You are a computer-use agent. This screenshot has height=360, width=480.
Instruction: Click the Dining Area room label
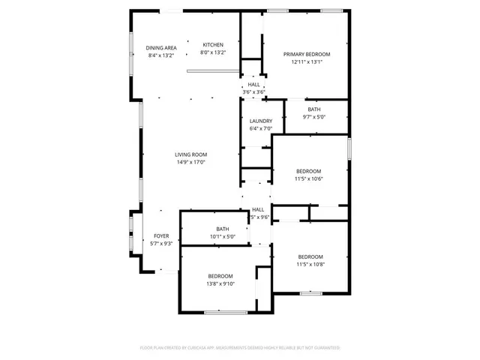coord(161,47)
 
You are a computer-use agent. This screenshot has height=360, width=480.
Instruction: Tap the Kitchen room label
coord(212,46)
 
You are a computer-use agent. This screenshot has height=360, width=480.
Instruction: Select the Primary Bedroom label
coord(306,55)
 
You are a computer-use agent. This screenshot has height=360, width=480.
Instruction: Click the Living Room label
coord(190,154)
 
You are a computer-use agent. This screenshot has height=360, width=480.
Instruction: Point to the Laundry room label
coord(261,121)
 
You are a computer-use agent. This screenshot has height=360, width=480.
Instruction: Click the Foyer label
coord(162,235)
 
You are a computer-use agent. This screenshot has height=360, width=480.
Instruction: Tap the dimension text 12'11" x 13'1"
coord(306,62)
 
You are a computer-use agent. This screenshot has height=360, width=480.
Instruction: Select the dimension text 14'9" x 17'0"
coord(190,162)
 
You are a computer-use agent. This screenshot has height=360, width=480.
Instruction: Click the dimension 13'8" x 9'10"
coord(220,283)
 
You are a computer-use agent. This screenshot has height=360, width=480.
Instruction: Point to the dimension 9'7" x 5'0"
coord(313,117)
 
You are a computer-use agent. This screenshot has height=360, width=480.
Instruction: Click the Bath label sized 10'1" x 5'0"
coord(223,229)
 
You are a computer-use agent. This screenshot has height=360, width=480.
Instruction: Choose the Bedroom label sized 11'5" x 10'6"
coord(308,171)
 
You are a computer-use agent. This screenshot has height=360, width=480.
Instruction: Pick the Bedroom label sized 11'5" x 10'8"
coord(310,256)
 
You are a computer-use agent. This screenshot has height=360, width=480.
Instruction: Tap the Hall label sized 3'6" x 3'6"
coord(254,85)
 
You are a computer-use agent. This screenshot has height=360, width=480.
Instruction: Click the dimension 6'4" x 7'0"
coord(261,128)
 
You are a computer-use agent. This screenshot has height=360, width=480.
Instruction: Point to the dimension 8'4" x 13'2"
coord(161,55)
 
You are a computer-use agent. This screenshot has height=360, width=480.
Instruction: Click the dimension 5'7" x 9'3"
coord(162,244)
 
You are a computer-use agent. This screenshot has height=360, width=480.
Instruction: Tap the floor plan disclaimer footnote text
coord(240,348)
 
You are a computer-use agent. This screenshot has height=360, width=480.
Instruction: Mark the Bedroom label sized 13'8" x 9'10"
coord(220,276)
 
